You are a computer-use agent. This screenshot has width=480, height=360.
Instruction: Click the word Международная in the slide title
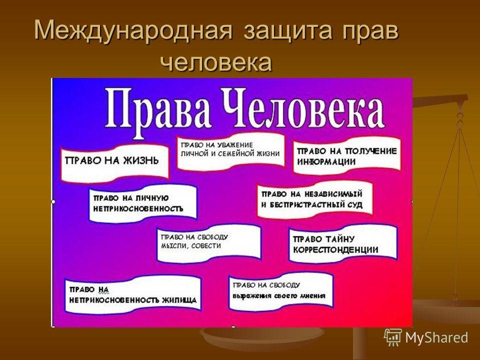(x=133, y=30)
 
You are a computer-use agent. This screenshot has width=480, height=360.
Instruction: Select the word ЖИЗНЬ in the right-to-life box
(x=141, y=160)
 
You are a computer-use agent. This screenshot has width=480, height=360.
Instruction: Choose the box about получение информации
(x=347, y=156)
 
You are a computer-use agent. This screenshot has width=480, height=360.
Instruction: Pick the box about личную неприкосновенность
(x=142, y=203)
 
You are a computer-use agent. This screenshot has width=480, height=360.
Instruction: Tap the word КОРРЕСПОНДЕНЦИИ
(x=336, y=250)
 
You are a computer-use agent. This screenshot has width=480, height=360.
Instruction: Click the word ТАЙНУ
(x=338, y=239)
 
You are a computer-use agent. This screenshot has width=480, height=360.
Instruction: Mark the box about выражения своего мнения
(x=280, y=291)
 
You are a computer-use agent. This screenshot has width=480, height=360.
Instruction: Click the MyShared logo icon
(x=393, y=337)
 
